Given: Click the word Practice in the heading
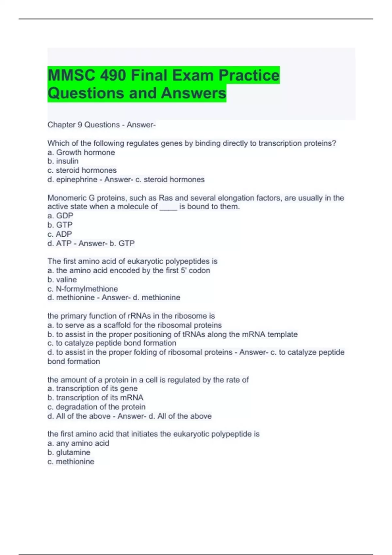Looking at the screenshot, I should pos(249,75).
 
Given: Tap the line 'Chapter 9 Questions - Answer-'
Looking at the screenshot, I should pos(102,125).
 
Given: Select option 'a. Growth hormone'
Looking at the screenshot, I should pos(81,152).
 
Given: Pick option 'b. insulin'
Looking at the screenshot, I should pos(63,161).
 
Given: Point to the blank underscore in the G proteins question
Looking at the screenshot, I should pos(168,207).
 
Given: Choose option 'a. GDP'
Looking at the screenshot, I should pos(60,216).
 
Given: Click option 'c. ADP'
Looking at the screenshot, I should pos(59,234).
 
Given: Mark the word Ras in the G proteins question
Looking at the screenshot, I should pos(166,198).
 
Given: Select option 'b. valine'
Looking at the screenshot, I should pos(62,280).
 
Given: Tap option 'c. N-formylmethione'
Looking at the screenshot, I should pos(82,289).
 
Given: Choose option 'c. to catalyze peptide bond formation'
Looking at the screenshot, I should pos(112,343).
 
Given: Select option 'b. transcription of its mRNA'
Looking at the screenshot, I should pos(95,398).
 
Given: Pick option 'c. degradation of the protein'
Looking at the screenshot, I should pos(96,407).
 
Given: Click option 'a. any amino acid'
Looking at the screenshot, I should pos(78,443).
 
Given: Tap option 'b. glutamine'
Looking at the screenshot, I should pos(69,452).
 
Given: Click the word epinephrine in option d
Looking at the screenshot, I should pos(76,180).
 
